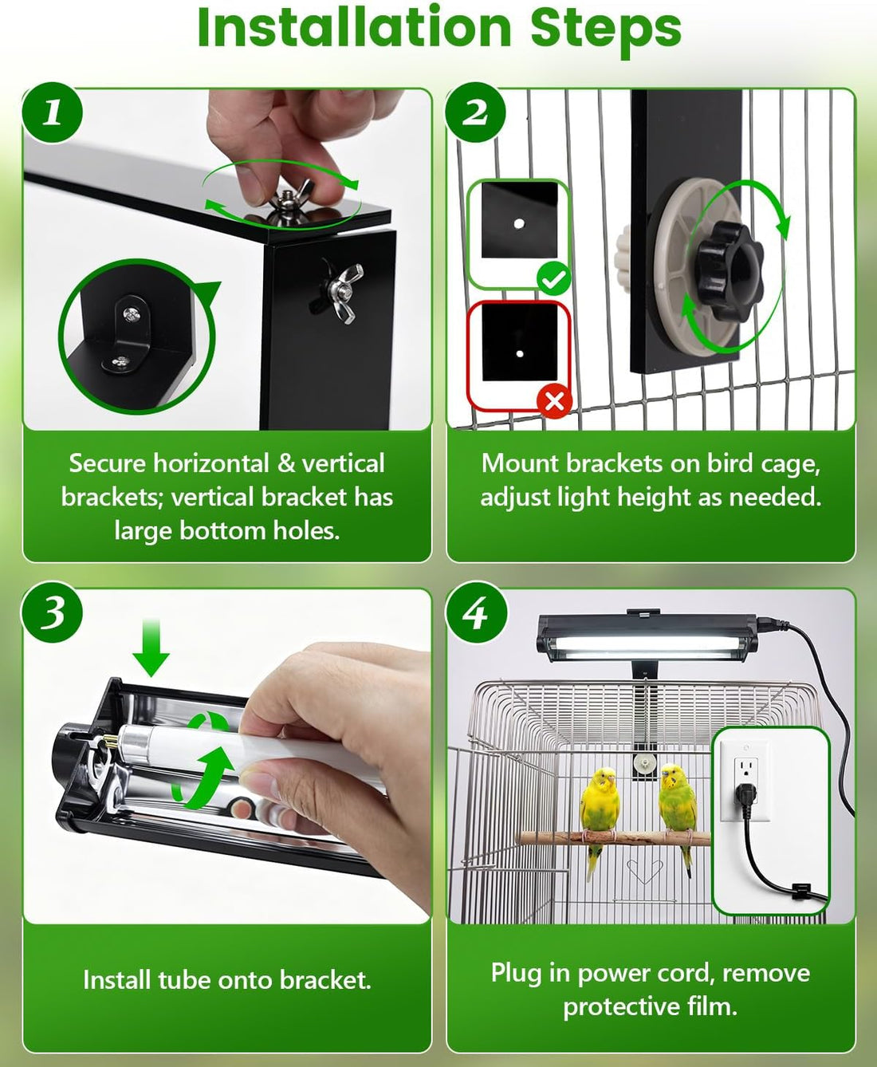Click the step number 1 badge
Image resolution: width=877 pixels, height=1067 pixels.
pos(52,112)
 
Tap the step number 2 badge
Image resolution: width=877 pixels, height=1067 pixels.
pos(475,112)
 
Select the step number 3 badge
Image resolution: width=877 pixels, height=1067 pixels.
pos(52,612)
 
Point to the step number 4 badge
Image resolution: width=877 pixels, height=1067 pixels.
pos(475,612)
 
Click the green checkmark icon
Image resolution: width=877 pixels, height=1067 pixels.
pos(554,278)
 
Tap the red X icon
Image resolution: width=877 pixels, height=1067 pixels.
pos(555,401)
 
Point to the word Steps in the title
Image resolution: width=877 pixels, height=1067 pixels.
pos(606,28)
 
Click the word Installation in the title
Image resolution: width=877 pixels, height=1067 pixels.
pos(354,28)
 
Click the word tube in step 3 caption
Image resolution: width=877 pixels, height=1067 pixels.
pos(180,979)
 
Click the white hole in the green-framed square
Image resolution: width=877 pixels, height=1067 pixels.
pos(518,223)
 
